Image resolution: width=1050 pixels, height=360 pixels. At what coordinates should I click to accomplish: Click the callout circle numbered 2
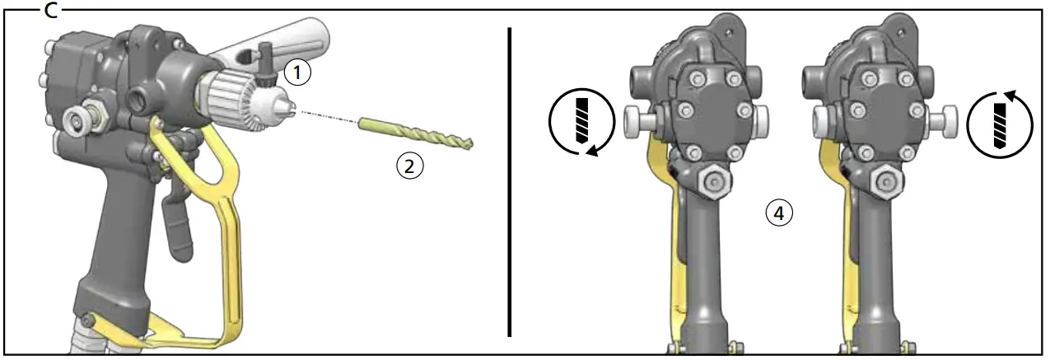pos(409,166)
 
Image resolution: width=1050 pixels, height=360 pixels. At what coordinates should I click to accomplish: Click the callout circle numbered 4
pos(778,213)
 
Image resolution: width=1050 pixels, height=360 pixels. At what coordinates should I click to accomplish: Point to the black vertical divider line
pos(511,181)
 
